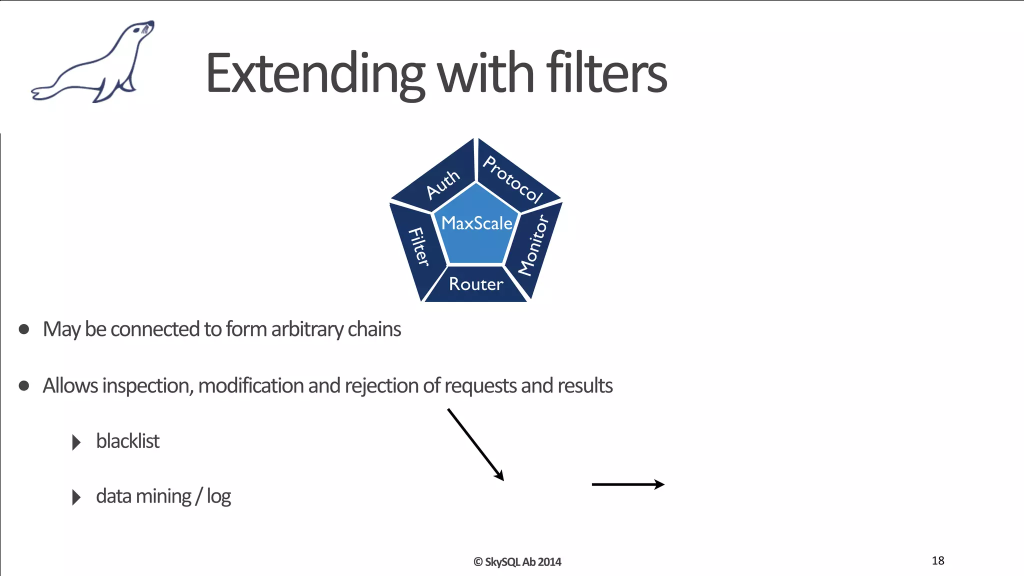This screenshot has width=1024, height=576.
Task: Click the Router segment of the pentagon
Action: [475, 284]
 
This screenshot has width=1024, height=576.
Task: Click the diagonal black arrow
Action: [475, 444]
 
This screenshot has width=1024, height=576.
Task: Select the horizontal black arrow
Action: [627, 484]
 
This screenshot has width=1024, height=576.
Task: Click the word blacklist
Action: [127, 441]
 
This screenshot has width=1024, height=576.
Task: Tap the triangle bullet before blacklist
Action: [76, 442]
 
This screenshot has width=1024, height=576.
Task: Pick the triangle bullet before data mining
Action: [76, 497]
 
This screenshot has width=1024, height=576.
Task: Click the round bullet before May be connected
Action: [23, 329]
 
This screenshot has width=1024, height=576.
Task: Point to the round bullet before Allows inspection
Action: [23, 385]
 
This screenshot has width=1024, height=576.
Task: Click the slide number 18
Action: [938, 560]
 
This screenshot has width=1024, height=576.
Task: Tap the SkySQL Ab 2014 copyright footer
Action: [517, 562]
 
